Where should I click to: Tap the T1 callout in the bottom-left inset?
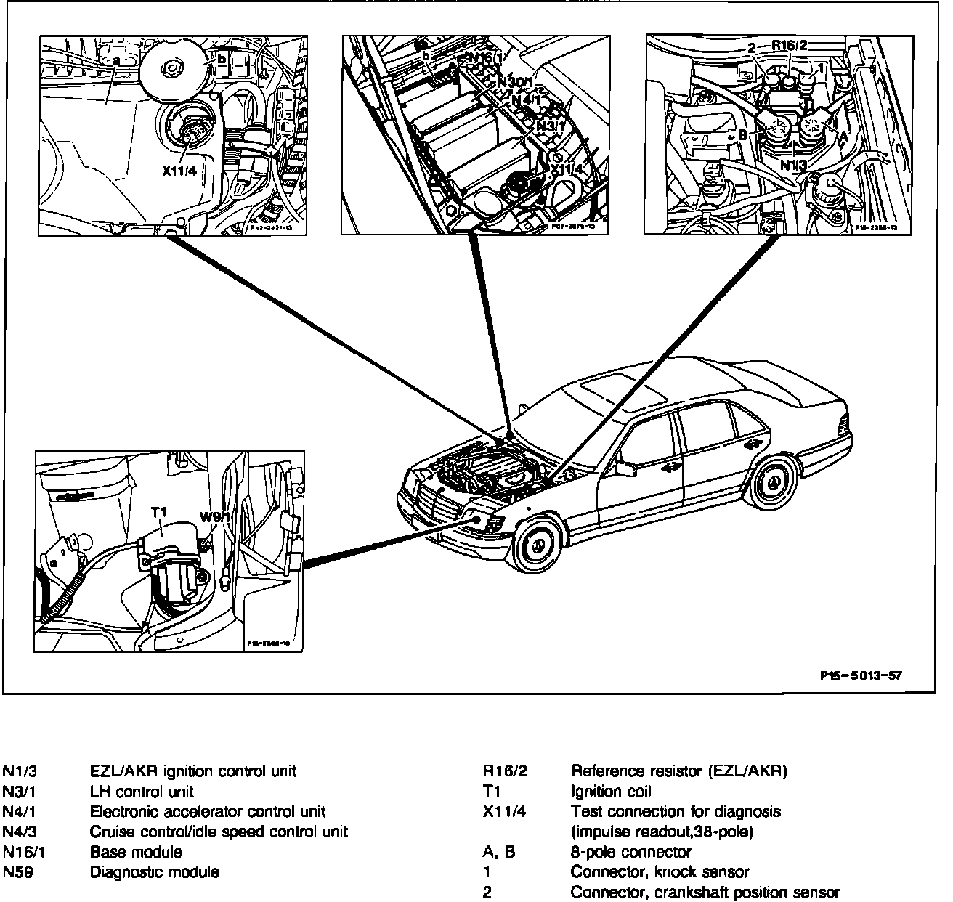pos(159,513)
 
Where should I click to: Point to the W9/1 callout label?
pos(215,518)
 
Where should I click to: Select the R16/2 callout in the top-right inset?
pos(789,46)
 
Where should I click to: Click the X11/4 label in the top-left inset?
pos(179,172)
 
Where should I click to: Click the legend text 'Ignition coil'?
pos(611,791)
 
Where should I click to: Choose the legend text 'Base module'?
pos(136,851)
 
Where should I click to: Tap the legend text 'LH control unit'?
pos(142,791)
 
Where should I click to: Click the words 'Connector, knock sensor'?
pos(660,871)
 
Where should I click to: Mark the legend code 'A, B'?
pos(499,851)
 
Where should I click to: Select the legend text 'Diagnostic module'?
pos(155,871)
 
